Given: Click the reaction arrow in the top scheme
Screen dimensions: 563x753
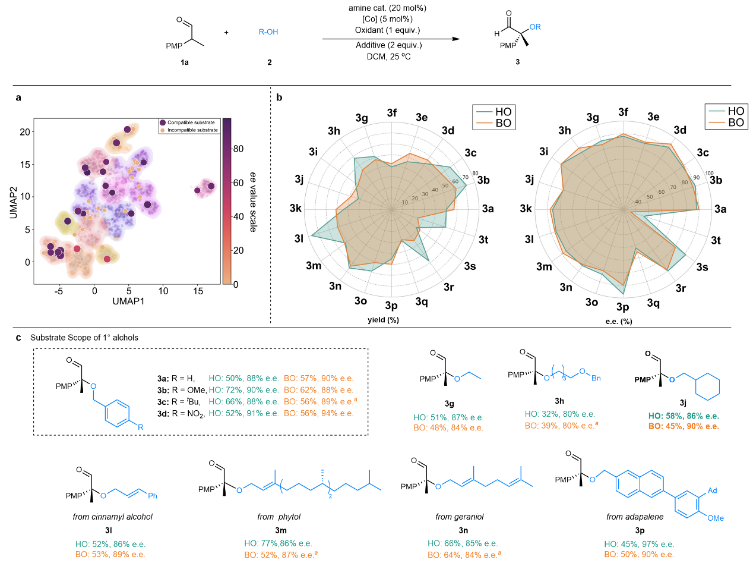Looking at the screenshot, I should click(x=391, y=39).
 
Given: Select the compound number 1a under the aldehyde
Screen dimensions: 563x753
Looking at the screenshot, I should click(x=189, y=62).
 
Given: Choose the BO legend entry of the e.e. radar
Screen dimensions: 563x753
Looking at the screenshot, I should click(x=728, y=123).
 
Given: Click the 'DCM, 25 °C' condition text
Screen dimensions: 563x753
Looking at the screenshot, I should click(x=389, y=56).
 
